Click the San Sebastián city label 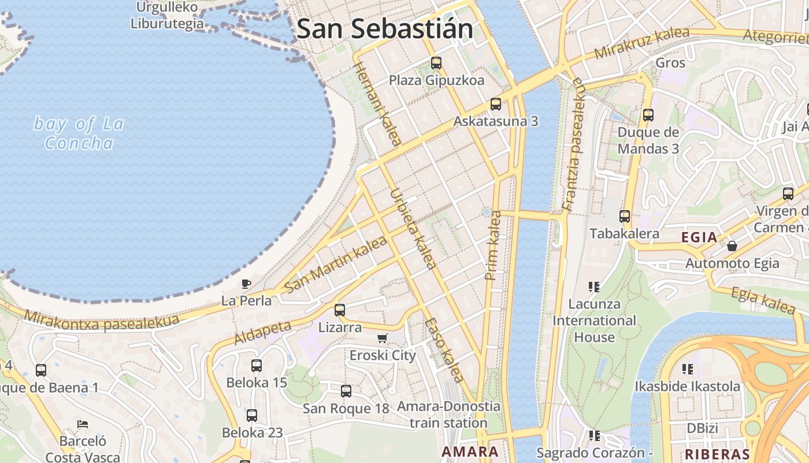tap(384, 29)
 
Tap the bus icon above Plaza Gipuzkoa tap(436, 63)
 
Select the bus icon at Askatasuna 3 tap(496, 104)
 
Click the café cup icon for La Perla tap(246, 284)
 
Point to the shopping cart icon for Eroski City tap(382, 338)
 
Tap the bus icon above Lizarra tap(340, 310)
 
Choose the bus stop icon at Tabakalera tap(625, 216)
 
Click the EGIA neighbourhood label tap(699, 237)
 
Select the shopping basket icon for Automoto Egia tap(732, 246)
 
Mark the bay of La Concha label tap(79, 133)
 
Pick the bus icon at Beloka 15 tap(257, 366)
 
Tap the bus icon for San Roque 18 tap(346, 391)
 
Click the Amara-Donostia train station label tap(448, 414)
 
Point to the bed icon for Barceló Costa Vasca tap(83, 424)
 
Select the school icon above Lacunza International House tap(593, 286)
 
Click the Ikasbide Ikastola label tap(687, 386)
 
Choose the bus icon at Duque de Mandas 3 tap(648, 115)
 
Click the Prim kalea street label tap(494, 245)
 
